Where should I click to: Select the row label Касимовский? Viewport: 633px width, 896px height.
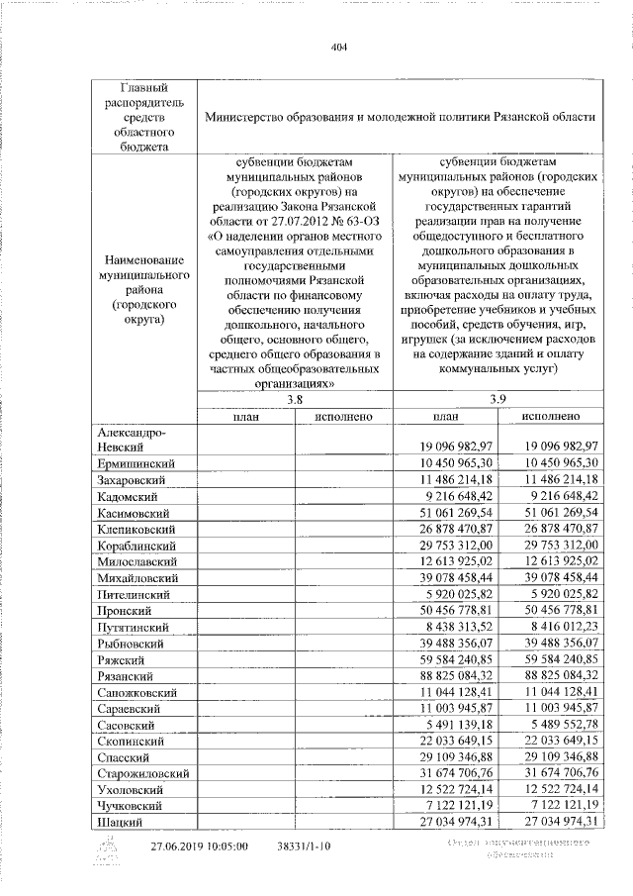pos(136,514)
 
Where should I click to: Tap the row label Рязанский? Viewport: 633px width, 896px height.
pos(129,674)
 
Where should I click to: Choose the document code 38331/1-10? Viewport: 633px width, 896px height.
pos(303,847)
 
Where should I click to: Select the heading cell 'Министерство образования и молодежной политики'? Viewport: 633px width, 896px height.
pos(400,117)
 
